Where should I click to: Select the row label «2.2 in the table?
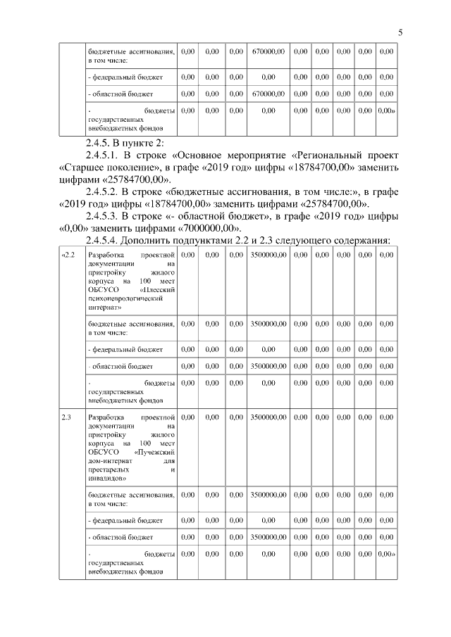pyautogui.click(x=68, y=255)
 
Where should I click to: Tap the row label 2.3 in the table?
pyautogui.click(x=67, y=417)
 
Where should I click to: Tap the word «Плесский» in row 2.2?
pyautogui.click(x=157, y=289)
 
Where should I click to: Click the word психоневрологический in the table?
pyautogui.click(x=123, y=298)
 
